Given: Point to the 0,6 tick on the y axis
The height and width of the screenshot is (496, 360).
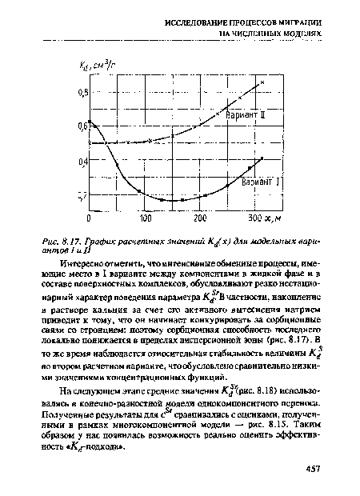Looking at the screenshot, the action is [x=82, y=126].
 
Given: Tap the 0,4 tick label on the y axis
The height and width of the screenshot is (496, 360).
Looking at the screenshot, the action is [x=82, y=162].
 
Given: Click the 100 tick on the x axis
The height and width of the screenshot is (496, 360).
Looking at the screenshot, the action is [x=146, y=218].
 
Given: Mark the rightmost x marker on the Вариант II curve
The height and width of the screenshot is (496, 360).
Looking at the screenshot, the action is [x=261, y=83].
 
